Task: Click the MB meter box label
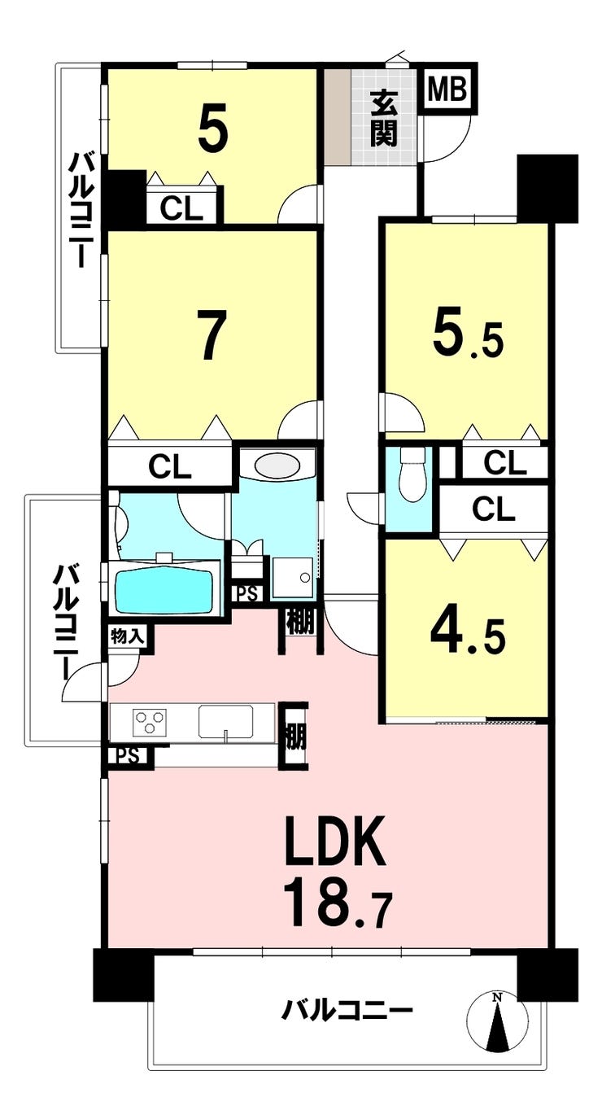[x=447, y=90]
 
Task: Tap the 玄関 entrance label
[x=383, y=118]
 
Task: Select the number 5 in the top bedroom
[x=213, y=128]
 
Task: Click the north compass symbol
[x=497, y=1017]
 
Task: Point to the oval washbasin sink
[x=277, y=466]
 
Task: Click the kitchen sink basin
[x=225, y=721]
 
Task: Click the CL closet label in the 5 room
[x=181, y=209]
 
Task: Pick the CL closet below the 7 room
[x=170, y=467]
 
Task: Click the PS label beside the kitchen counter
[x=129, y=755]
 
